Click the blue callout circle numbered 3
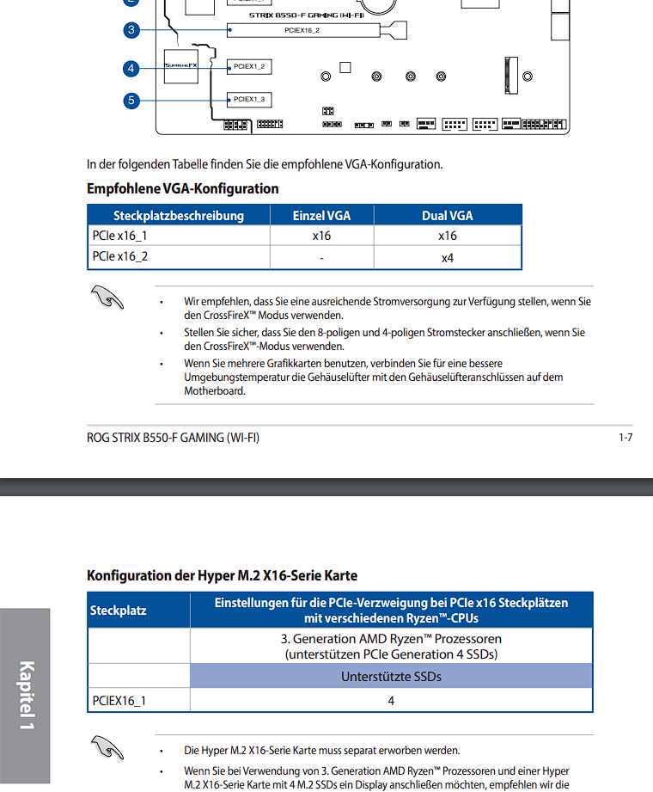point(131,30)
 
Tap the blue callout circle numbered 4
point(131,67)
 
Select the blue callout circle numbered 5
point(131,101)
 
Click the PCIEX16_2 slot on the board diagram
point(304,30)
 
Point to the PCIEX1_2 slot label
point(249,66)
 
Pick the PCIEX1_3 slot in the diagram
point(249,99)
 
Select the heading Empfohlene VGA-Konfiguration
point(182,188)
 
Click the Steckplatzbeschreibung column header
point(179,216)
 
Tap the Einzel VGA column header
point(321,216)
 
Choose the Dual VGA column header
point(447,216)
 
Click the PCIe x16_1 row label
point(119,236)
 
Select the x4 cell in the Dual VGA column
point(447,257)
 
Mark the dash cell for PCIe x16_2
point(321,257)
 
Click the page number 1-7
point(626,438)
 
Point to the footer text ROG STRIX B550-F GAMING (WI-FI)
point(173,438)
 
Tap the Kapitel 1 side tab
point(26,697)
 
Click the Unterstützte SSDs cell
point(391,676)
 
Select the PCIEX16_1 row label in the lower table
point(119,701)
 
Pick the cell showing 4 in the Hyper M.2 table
point(391,701)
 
